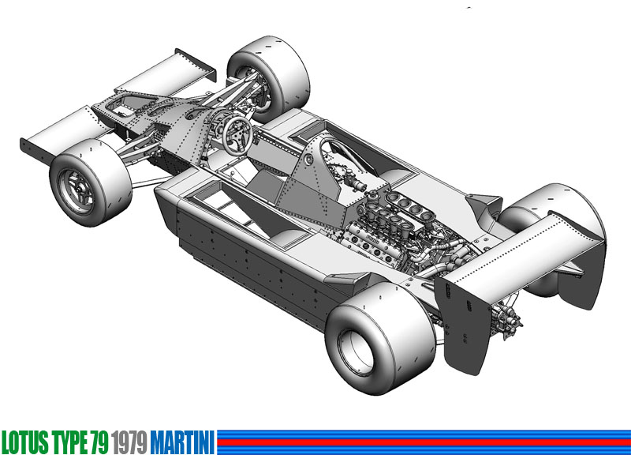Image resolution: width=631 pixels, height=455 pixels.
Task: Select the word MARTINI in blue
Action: [183, 442]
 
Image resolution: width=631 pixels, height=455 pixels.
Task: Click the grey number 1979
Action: [129, 442]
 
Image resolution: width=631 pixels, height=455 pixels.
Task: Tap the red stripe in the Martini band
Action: [424, 442]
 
